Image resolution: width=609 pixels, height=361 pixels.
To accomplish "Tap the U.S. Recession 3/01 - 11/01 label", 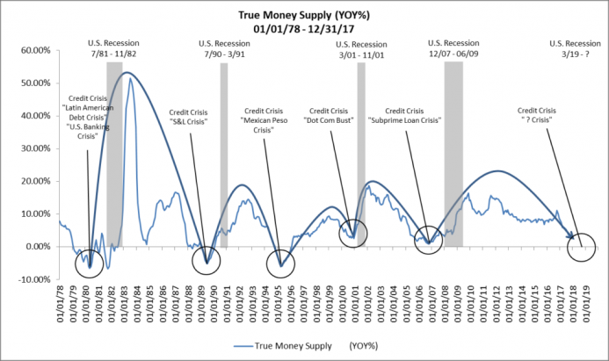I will tap(363, 49).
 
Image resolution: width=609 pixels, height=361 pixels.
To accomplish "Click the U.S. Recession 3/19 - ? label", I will tap(575, 49).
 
